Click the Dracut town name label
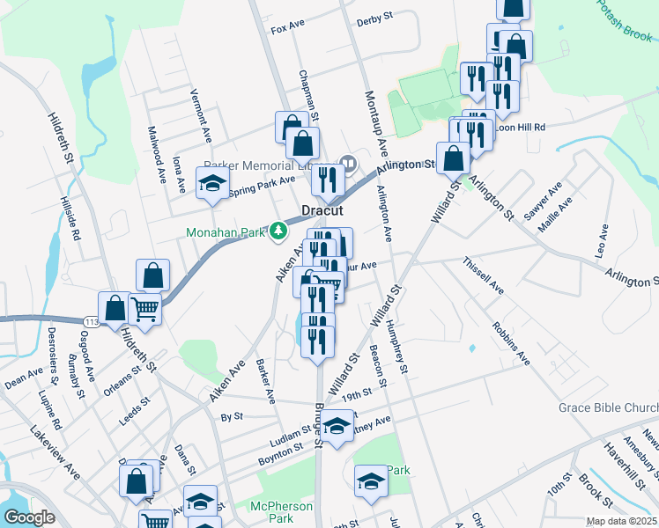(x=322, y=211)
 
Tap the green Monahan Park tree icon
(x=278, y=231)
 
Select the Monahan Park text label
(x=226, y=232)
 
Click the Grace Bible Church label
(x=608, y=408)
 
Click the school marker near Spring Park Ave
(x=211, y=185)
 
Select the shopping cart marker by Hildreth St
(x=145, y=309)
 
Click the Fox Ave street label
(x=287, y=28)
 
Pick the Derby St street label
(x=373, y=22)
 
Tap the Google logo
(x=29, y=517)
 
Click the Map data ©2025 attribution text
(x=621, y=521)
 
